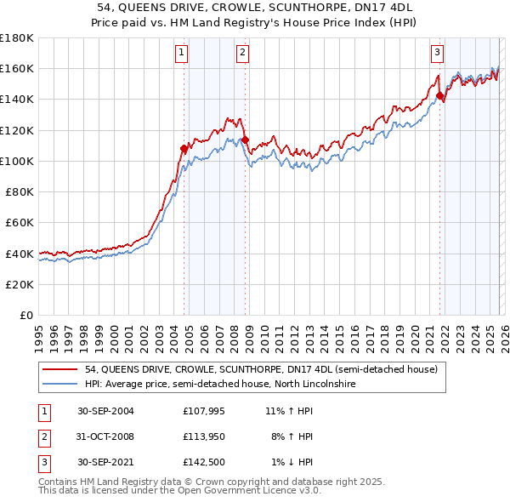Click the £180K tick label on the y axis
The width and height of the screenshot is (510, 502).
click(17, 37)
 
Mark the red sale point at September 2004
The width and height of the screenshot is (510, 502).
click(184, 149)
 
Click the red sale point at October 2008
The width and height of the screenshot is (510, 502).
click(245, 140)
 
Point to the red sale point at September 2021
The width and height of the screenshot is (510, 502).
click(440, 96)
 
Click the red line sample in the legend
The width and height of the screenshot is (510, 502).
click(60, 370)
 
